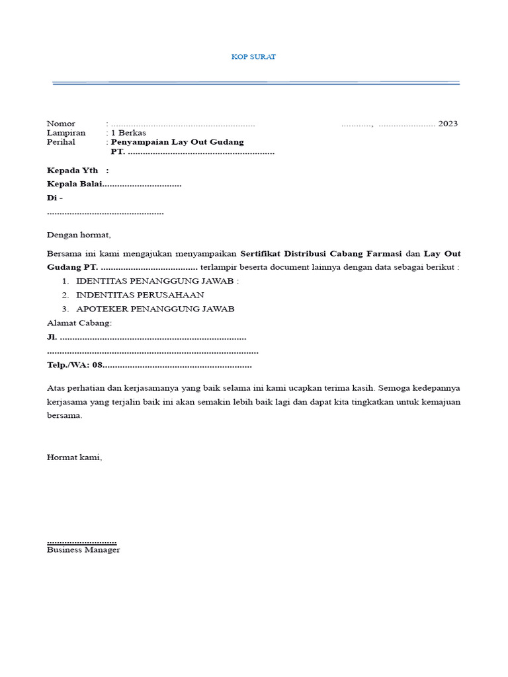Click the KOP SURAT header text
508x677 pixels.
coord(253,57)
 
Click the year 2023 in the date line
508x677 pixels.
coord(447,124)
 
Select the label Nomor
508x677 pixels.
coord(61,124)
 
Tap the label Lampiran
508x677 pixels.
coord(66,133)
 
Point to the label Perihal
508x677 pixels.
coord(61,142)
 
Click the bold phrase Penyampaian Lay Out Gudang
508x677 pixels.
coord(177,142)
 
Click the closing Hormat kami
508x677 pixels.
coord(75,457)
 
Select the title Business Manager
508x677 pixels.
coord(83,550)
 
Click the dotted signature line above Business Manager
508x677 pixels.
coord(81,541)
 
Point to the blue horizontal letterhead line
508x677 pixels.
coord(255,83)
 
